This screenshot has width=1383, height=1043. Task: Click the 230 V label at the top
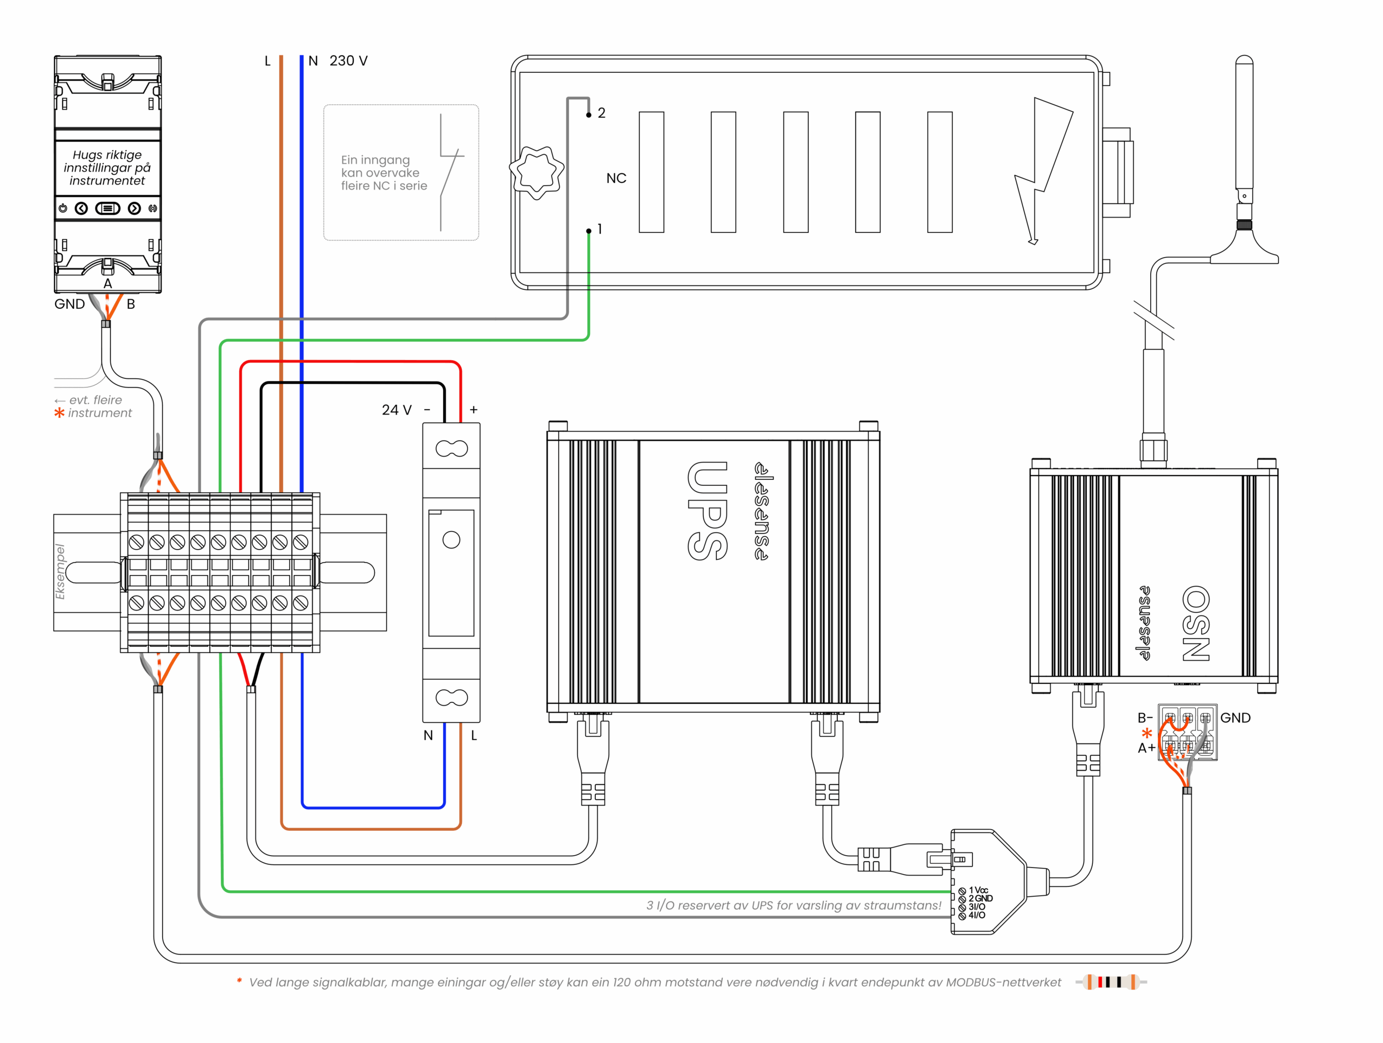tap(348, 60)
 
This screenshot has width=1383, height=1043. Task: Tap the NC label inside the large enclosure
tap(616, 178)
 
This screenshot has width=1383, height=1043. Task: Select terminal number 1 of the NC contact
tap(599, 229)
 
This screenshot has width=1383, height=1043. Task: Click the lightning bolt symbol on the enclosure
tap(1041, 169)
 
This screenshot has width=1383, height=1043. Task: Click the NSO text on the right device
tap(1196, 623)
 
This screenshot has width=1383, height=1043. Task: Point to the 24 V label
tap(397, 410)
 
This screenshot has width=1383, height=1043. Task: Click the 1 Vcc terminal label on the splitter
tap(978, 890)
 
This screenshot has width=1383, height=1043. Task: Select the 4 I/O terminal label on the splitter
tap(977, 915)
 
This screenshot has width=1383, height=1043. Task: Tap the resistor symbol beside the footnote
tap(1111, 982)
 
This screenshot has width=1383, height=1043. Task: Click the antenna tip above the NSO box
tap(1244, 63)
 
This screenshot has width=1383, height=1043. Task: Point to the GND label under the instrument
tap(69, 304)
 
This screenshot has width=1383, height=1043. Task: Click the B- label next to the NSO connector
tap(1145, 718)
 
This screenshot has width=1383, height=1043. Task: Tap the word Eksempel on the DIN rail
tap(60, 572)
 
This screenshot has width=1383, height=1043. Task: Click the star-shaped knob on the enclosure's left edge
tap(536, 172)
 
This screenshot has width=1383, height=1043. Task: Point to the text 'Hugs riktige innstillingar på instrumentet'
tap(107, 167)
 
